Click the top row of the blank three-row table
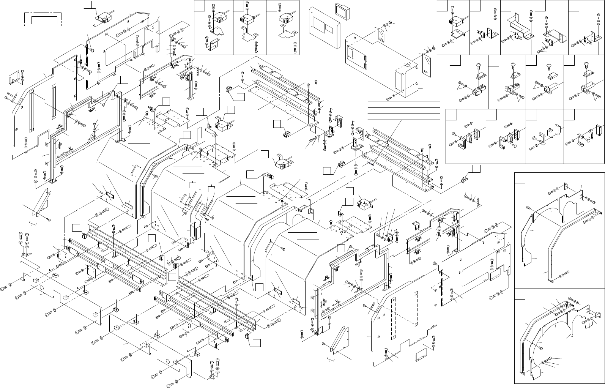404,104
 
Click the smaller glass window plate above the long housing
381,34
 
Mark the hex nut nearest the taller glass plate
434,49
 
